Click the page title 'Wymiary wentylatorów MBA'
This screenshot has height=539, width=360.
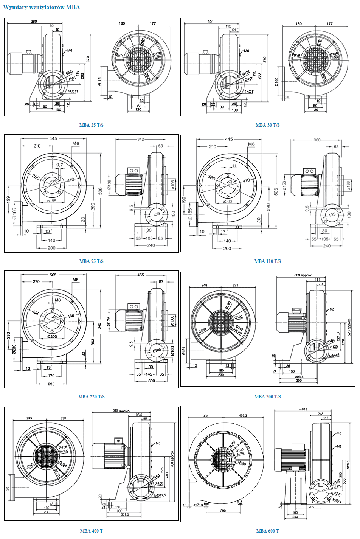[42, 7]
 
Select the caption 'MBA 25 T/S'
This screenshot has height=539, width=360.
[91, 125]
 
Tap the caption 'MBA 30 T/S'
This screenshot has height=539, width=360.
[267, 125]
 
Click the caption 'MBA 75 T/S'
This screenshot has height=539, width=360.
[91, 261]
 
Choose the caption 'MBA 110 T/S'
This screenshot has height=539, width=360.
[267, 261]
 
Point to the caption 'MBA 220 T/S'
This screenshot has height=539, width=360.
[91, 397]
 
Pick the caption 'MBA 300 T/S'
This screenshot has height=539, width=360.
[267, 397]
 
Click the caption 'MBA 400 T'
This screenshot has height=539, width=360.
[91, 531]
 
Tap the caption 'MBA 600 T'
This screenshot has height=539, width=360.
[267, 531]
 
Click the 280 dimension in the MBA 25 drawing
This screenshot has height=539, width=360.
[34, 22]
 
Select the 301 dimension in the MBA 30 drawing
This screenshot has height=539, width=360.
[210, 22]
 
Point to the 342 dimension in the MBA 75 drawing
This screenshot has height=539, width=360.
[141, 140]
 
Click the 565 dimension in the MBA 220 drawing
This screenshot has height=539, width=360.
[53, 275]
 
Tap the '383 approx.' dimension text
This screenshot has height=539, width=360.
[303, 275]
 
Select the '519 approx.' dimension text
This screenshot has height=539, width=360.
[121, 410]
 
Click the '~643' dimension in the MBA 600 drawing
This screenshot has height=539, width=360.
[303, 409]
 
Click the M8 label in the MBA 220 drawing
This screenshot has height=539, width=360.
[57, 300]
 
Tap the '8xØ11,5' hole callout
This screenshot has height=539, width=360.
[160, 495]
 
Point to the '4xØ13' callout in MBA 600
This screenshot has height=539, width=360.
[198, 505]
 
